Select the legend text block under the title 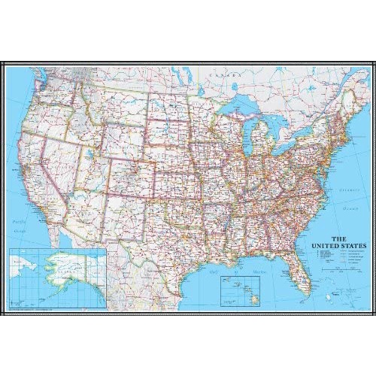click(336, 256)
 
